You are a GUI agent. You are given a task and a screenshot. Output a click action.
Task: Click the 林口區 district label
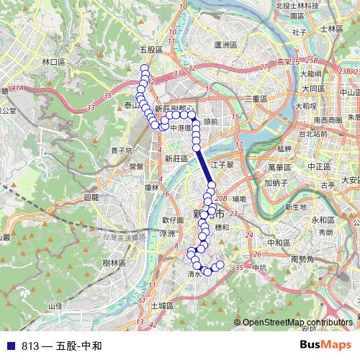point(54,63)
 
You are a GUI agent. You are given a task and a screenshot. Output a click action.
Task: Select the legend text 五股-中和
point(78,346)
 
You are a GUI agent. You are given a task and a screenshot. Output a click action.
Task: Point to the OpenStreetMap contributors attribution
point(299,323)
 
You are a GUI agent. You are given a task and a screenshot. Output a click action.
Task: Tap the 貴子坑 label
point(120,150)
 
